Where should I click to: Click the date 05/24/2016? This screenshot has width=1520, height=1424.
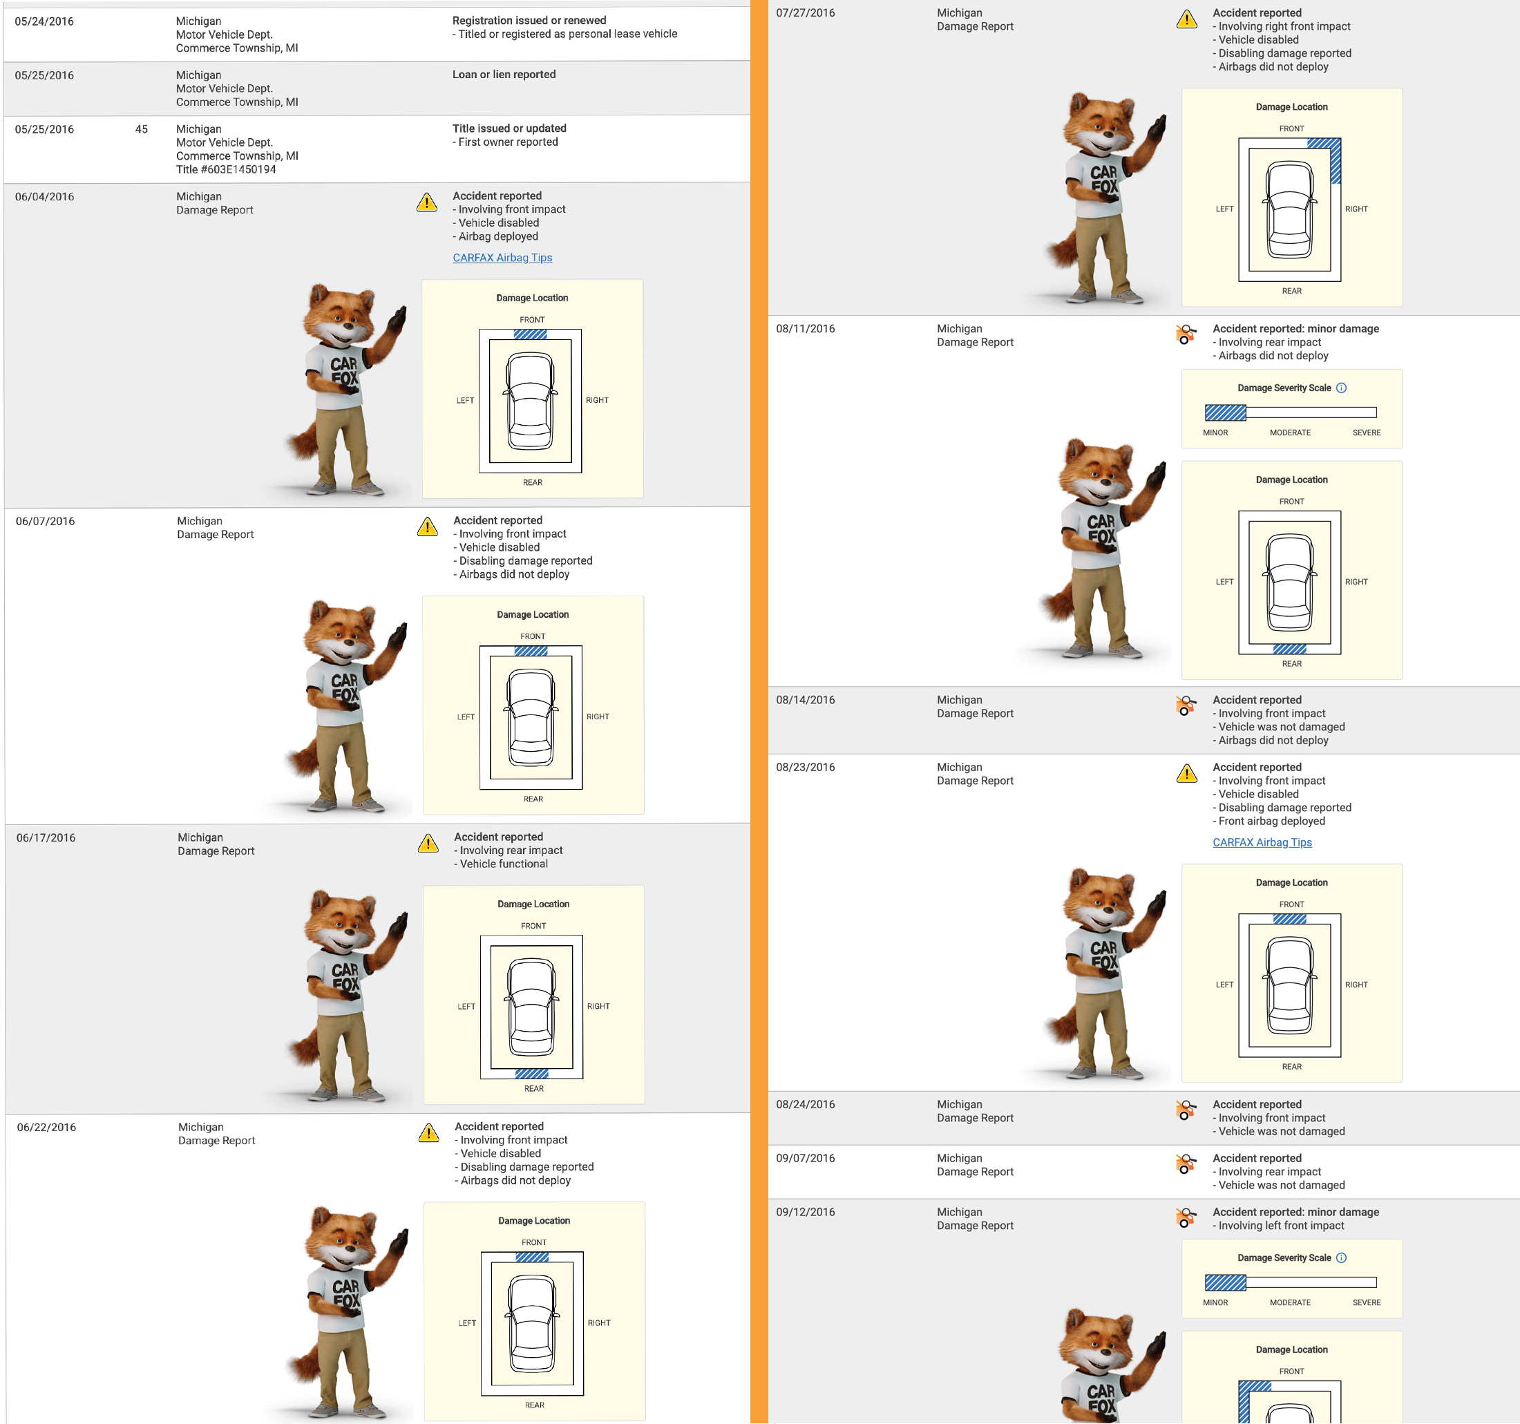click(44, 21)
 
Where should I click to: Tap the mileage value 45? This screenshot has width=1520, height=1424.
click(142, 129)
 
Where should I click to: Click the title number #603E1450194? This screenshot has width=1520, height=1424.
click(238, 170)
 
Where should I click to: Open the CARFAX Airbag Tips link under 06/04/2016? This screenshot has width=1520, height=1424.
click(502, 258)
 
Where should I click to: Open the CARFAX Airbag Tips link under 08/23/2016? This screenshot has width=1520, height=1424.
click(1262, 842)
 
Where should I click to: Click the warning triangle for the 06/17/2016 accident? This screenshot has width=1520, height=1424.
click(428, 843)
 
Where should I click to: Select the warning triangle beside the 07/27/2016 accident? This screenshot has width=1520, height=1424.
click(1187, 19)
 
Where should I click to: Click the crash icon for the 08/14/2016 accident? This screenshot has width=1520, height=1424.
click(1186, 705)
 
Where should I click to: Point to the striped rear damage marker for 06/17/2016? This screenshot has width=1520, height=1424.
click(531, 1074)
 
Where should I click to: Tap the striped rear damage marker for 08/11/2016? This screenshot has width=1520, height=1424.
click(1290, 649)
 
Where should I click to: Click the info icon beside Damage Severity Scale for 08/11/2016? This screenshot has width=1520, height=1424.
click(1341, 388)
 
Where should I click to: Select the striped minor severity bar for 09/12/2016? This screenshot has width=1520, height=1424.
click(1226, 1282)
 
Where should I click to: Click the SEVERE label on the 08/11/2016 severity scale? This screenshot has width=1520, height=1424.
click(1367, 433)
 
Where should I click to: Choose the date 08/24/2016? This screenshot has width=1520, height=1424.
click(805, 1104)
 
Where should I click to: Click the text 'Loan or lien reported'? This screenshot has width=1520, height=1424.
click(504, 74)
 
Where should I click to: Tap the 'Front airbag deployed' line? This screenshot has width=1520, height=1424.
click(1271, 822)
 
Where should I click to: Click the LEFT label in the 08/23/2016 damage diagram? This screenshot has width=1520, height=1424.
click(1225, 985)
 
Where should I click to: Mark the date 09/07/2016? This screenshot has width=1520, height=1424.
click(805, 1158)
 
